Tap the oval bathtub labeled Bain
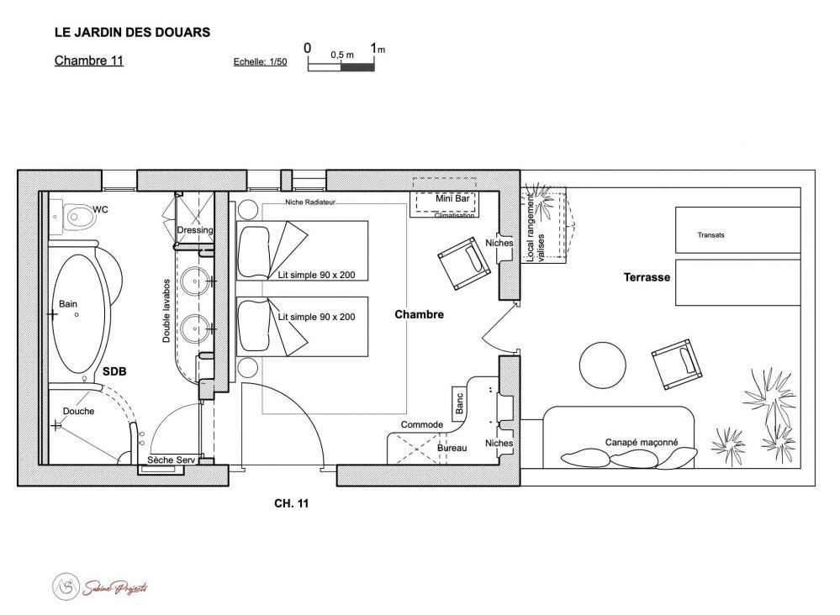pyautogui.click(x=78, y=313)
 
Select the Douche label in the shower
pyautogui.click(x=78, y=411)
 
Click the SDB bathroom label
pyautogui.click(x=114, y=371)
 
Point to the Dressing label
pyautogui.click(x=195, y=230)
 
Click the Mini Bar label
pyautogui.click(x=452, y=198)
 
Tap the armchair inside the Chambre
pyautogui.click(x=464, y=264)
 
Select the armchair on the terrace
pyautogui.click(x=677, y=364)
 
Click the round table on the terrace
pyautogui.click(x=602, y=365)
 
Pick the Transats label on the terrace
pyautogui.click(x=711, y=235)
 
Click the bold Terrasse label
pyautogui.click(x=647, y=277)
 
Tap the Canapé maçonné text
pyautogui.click(x=642, y=442)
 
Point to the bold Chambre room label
pyautogui.click(x=419, y=314)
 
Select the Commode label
pyautogui.click(x=421, y=424)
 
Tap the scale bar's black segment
pyautogui.click(x=357, y=67)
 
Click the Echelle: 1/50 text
pyautogui.click(x=260, y=62)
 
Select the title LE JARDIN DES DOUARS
pyautogui.click(x=132, y=32)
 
